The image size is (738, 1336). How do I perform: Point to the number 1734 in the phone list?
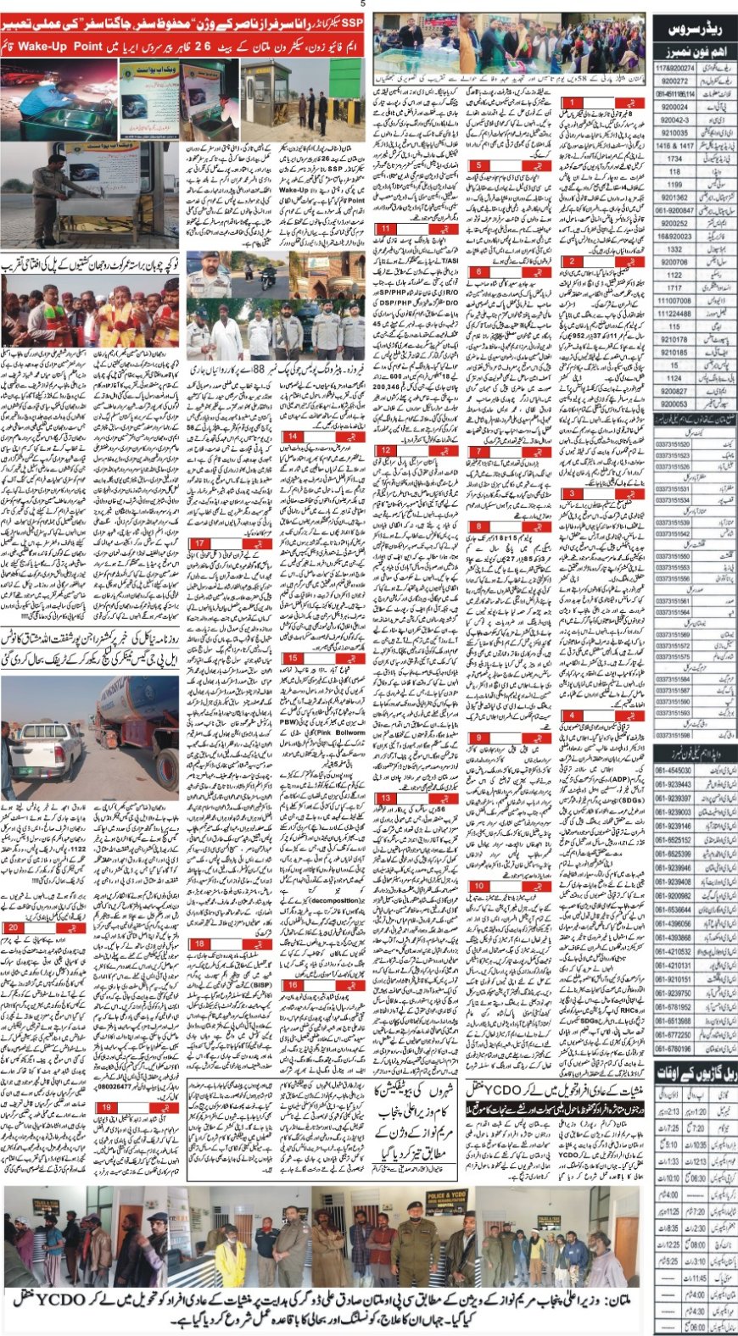674,159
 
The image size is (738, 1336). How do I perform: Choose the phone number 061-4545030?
674,771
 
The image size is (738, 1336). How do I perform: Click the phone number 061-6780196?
674,1049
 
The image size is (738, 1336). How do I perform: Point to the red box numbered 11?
387,229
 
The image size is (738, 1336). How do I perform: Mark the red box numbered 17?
200,543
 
